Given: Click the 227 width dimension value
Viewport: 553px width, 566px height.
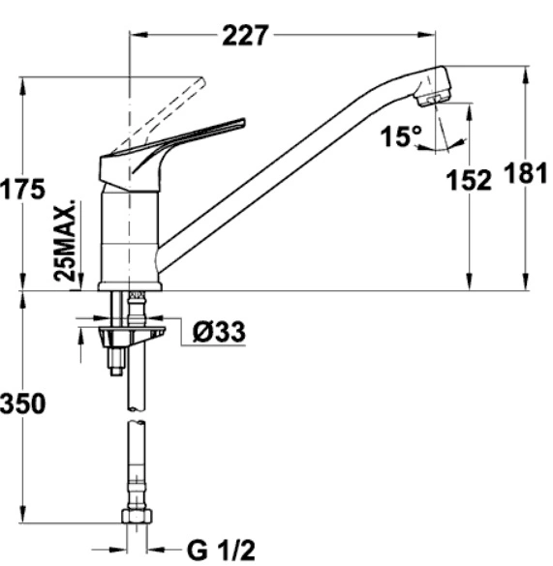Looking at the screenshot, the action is pos(245,35).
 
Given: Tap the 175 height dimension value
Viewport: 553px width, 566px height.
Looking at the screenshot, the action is pos(23,189).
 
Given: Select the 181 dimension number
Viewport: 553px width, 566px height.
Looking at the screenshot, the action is pos(526,172).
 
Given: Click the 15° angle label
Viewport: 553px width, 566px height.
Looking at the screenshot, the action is pos(401,136).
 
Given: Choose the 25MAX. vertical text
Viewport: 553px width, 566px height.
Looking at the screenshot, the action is pos(65,239).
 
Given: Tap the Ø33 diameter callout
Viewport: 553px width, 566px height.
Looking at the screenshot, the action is pos(219,331).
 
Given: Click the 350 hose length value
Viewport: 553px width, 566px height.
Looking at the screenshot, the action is pos(23,403).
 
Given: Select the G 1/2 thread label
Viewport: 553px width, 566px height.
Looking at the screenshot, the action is pos(221,550).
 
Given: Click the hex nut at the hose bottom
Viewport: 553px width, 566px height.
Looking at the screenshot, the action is pos(137,517).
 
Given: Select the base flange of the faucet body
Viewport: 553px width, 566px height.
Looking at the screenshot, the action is pos(130,286).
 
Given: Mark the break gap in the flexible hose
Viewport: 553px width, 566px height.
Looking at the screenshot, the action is pos(137,415).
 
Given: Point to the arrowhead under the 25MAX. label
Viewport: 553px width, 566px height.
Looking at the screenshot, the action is pos(81,282).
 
